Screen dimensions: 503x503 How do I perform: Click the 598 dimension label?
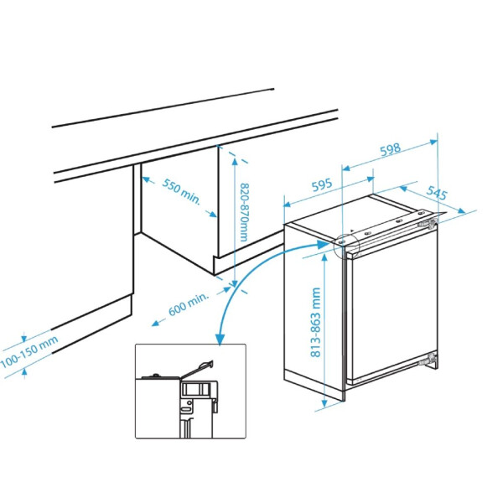[391, 149]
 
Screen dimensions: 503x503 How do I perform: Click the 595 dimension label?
[322, 185]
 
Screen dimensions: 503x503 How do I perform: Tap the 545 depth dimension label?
[437, 193]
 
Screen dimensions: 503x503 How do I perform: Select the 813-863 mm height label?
[316, 322]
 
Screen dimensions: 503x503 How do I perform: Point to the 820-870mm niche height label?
[245, 212]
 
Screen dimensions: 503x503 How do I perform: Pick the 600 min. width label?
[189, 304]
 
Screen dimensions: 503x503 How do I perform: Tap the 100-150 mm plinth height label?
[29, 352]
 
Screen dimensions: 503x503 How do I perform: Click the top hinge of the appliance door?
[428, 223]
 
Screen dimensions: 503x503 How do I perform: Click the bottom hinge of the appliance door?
[428, 359]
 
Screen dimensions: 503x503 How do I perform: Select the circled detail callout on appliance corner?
[346, 247]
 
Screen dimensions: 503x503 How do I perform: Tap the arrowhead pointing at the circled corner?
[324, 245]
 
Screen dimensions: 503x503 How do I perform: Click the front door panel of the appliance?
[395, 308]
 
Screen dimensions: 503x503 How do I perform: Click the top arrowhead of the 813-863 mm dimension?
[325, 257]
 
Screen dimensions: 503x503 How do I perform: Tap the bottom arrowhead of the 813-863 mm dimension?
[325, 403]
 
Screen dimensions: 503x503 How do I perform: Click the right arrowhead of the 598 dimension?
[433, 142]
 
